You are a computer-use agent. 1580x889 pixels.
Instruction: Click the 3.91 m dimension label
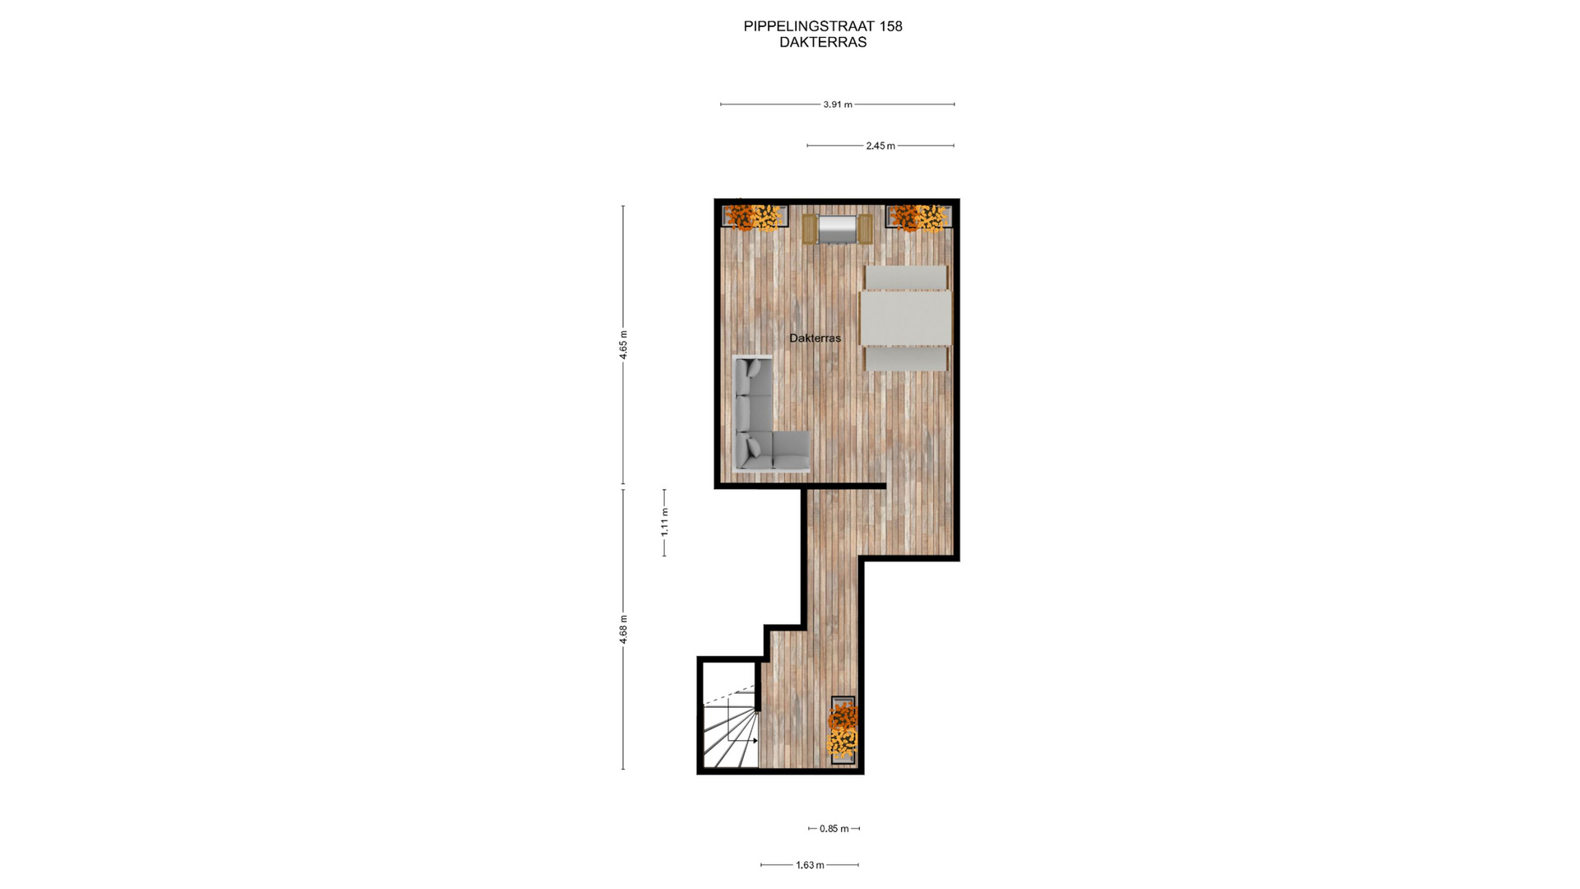point(837,105)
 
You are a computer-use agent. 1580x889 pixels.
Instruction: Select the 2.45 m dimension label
point(880,146)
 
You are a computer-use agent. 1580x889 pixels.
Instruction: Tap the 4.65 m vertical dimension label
point(623,344)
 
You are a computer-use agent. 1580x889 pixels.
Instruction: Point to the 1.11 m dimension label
point(664,522)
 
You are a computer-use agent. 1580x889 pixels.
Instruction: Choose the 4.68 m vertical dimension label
point(623,629)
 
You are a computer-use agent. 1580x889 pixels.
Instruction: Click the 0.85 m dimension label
point(834,829)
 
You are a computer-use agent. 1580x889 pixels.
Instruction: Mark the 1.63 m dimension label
point(810,865)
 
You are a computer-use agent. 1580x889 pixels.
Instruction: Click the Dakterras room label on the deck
point(815,338)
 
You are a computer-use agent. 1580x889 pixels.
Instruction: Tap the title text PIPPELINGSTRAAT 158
point(823,26)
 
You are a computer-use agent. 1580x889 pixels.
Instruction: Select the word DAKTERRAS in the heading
point(823,43)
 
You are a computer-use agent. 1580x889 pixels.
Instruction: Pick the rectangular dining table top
point(905,318)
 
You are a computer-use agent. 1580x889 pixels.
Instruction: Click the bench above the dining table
point(905,277)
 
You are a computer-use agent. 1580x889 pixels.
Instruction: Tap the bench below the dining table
point(905,359)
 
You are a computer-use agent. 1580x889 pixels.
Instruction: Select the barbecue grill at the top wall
point(838,229)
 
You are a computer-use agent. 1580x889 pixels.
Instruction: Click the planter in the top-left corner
point(755,216)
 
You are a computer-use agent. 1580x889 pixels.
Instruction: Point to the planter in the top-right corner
point(918,216)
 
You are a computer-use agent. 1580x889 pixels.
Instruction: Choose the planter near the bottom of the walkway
point(843,730)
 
